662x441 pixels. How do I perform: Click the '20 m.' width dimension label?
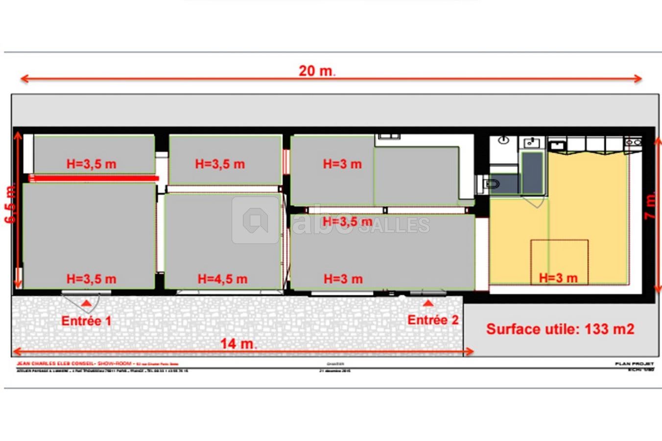click(317, 71)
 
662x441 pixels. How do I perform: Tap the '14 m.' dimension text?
click(238, 343)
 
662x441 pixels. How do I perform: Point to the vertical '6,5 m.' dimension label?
click(11, 204)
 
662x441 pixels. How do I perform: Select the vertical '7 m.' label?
click(651, 207)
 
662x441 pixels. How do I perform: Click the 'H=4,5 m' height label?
click(222, 279)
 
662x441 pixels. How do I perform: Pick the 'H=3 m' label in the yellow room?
click(558, 278)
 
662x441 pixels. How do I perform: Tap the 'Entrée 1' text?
click(86, 321)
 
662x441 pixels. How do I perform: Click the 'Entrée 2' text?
click(433, 320)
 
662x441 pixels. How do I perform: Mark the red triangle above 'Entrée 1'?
click(86, 304)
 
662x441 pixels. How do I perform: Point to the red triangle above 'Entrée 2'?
click(428, 303)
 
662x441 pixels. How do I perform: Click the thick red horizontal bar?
click(94, 178)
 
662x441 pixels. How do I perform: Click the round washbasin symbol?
click(504, 140)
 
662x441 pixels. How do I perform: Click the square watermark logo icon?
click(255, 220)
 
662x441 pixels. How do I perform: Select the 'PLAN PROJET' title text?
click(634, 364)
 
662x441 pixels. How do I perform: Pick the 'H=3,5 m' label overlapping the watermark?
click(347, 222)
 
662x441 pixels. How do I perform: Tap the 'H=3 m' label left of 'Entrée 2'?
click(343, 279)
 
